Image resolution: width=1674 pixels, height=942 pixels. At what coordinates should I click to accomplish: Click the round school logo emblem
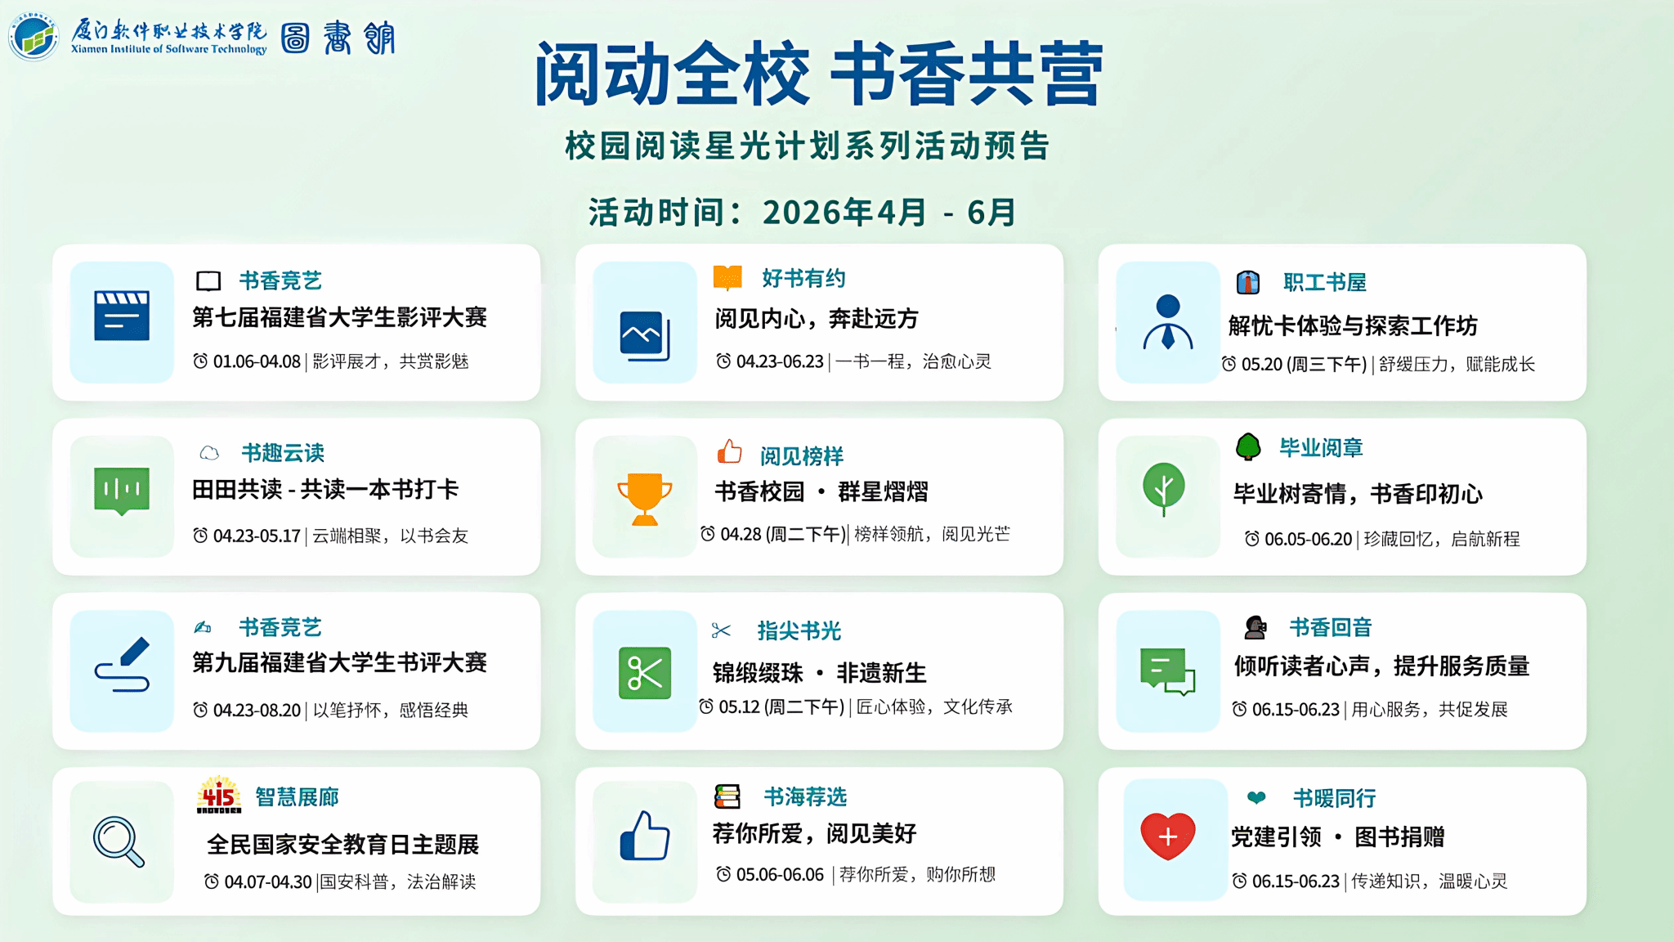(x=34, y=37)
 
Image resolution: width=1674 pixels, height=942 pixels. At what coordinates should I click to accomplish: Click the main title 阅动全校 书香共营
(x=819, y=74)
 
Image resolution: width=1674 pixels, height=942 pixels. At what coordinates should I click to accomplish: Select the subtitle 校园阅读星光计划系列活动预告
(x=808, y=146)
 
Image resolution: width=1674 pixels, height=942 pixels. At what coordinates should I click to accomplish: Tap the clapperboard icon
(x=122, y=316)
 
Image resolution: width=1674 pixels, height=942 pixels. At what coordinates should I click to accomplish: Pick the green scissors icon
(x=645, y=673)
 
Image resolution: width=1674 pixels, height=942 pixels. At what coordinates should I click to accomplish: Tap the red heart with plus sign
(x=1168, y=836)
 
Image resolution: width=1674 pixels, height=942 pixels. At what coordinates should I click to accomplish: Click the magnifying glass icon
(x=119, y=841)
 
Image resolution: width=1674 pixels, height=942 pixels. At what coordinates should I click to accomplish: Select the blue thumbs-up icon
(x=645, y=836)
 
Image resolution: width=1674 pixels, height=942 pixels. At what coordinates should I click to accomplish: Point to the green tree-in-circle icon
(x=1164, y=489)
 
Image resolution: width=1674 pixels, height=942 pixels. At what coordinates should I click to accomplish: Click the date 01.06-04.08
(x=257, y=361)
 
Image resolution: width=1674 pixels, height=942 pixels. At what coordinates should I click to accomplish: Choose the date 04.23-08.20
(x=257, y=711)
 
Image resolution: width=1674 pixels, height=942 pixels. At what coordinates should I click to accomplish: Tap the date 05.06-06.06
(x=780, y=875)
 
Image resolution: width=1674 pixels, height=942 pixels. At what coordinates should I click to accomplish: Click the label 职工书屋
(x=1325, y=283)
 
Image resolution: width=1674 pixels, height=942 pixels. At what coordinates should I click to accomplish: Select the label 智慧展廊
(x=297, y=797)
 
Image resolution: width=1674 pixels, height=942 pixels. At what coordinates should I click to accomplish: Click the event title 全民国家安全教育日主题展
(x=343, y=845)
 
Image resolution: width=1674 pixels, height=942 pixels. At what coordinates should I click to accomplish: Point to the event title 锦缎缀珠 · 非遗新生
(x=820, y=673)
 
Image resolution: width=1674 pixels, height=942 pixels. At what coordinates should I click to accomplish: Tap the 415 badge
(x=219, y=795)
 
